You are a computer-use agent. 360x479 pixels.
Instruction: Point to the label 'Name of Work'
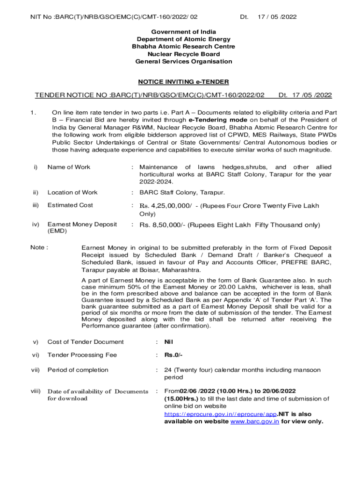[69, 167]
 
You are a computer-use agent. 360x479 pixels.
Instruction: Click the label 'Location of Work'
[72, 192]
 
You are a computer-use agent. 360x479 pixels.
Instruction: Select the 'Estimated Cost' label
[70, 205]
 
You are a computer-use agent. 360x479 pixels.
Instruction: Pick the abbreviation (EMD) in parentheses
[57, 231]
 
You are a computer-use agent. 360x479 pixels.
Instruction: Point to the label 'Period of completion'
[78, 370]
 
